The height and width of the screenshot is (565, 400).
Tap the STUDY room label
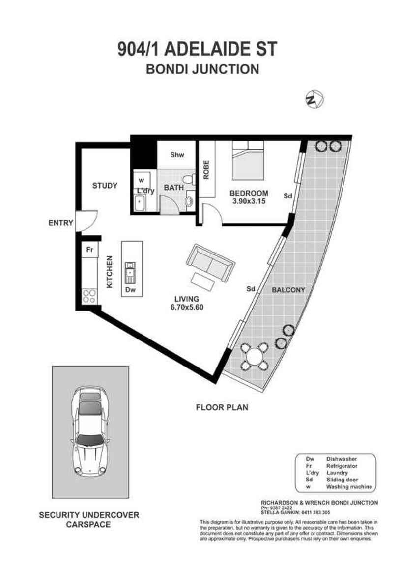[105, 186]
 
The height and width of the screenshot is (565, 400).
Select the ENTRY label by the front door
[60, 223]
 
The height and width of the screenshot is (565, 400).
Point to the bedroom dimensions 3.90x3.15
[249, 200]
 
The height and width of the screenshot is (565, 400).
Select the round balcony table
[255, 356]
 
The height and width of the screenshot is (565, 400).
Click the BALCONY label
[288, 290]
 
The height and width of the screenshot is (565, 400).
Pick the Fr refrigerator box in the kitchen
[90, 250]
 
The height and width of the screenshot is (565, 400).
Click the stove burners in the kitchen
[89, 296]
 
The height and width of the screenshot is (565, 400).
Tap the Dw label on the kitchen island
[130, 290]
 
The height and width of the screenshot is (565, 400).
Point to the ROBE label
[206, 169]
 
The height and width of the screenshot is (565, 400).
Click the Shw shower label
[177, 155]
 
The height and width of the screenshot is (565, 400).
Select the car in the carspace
[90, 432]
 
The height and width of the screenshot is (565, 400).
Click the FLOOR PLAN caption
[222, 407]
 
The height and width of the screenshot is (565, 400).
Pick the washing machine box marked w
[142, 180]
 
